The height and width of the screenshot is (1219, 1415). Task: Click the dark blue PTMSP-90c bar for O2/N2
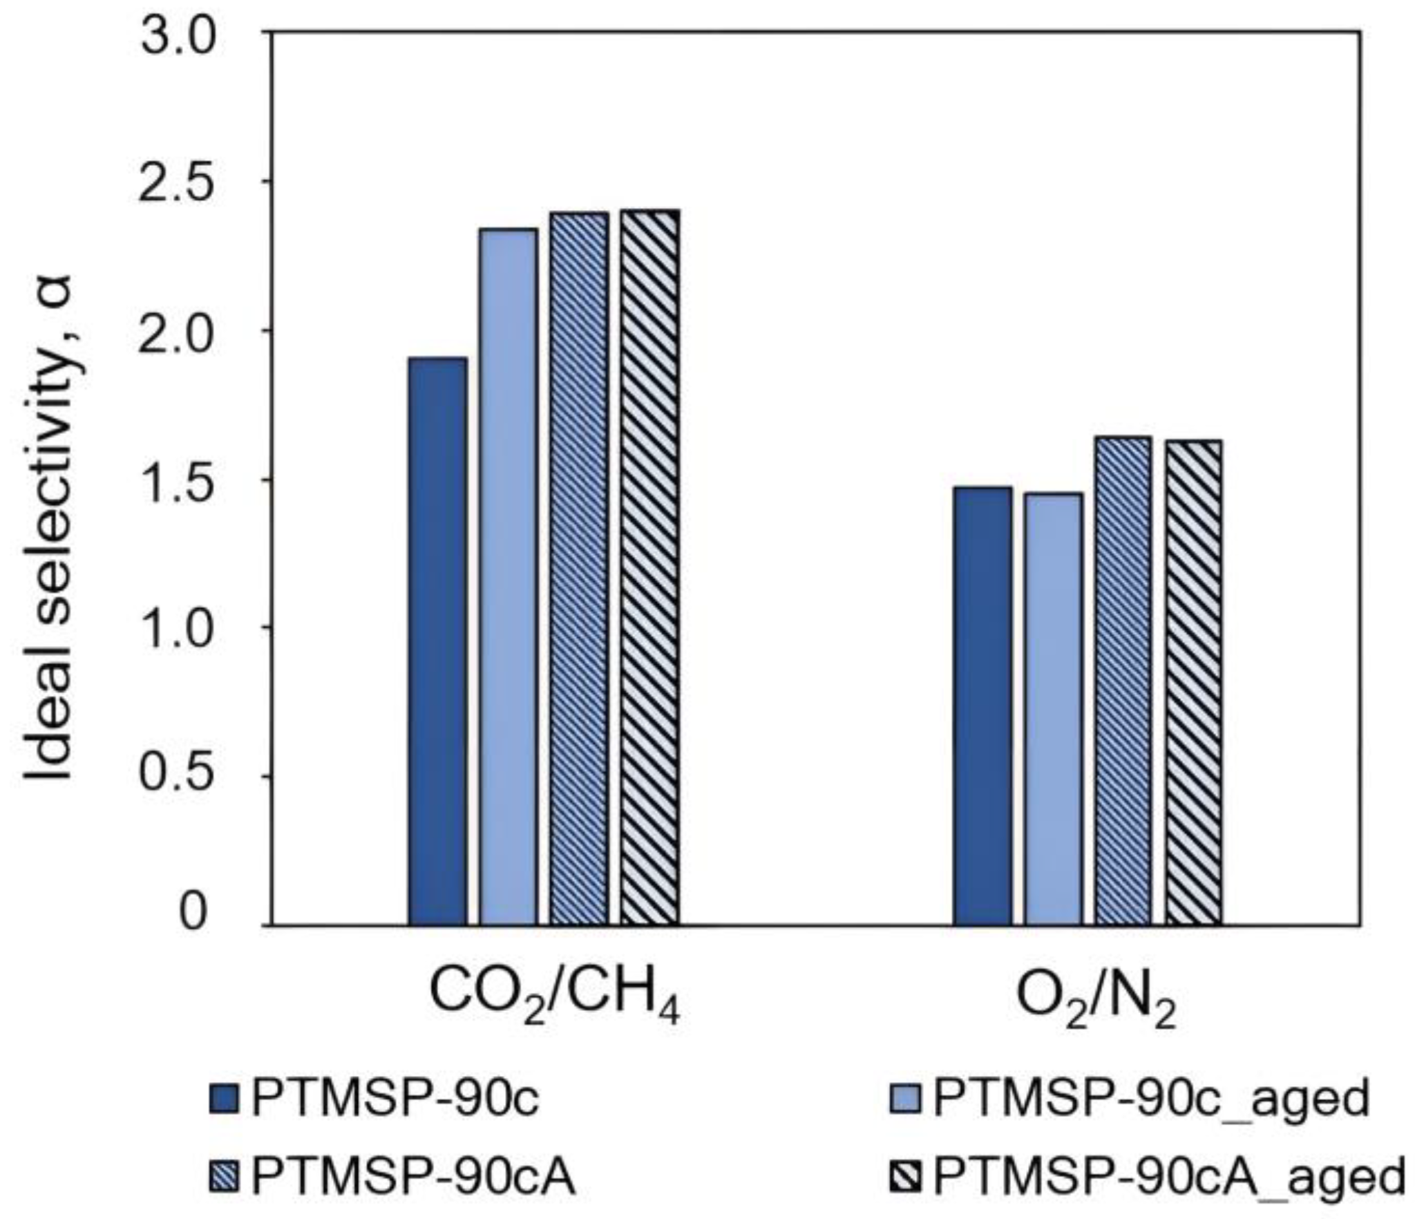(983, 706)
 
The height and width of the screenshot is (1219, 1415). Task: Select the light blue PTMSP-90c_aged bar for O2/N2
(1054, 708)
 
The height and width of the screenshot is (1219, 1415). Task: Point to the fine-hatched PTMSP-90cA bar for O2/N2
(1123, 681)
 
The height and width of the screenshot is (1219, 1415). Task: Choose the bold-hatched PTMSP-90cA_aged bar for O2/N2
(1194, 682)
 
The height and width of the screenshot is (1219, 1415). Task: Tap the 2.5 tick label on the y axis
(179, 184)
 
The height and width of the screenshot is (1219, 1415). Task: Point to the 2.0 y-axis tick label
(179, 332)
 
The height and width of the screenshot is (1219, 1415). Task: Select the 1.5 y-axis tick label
(179, 480)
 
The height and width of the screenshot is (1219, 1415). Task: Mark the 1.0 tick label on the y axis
(179, 628)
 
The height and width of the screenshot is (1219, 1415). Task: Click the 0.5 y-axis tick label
(179, 777)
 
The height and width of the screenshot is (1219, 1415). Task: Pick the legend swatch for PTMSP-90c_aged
(906, 1099)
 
